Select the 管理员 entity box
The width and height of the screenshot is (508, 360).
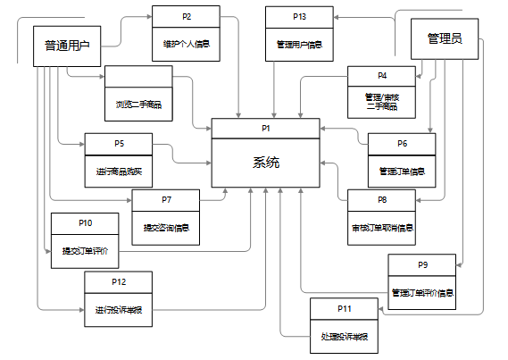click(445, 38)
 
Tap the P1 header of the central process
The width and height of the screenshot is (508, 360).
click(265, 129)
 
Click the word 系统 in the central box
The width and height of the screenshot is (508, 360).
click(265, 163)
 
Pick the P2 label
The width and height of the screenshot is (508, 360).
click(186, 16)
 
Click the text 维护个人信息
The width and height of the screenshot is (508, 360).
click(186, 42)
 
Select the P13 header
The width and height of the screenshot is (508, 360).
click(299, 16)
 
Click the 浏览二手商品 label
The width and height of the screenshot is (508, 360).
click(138, 104)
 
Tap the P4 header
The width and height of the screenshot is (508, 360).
click(381, 75)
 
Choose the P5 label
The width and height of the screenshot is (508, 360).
click(119, 143)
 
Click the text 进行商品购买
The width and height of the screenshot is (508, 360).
click(119, 170)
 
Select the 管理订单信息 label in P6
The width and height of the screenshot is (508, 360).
click(402, 170)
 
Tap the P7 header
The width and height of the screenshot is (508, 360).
click(166, 199)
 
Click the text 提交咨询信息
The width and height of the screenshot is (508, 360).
click(166, 226)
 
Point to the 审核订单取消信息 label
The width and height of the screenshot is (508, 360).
click(381, 226)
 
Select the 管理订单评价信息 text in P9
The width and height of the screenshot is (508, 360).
click(422, 291)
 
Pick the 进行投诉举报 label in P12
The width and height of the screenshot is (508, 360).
click(119, 309)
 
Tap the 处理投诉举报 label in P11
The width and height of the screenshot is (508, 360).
click(345, 336)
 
